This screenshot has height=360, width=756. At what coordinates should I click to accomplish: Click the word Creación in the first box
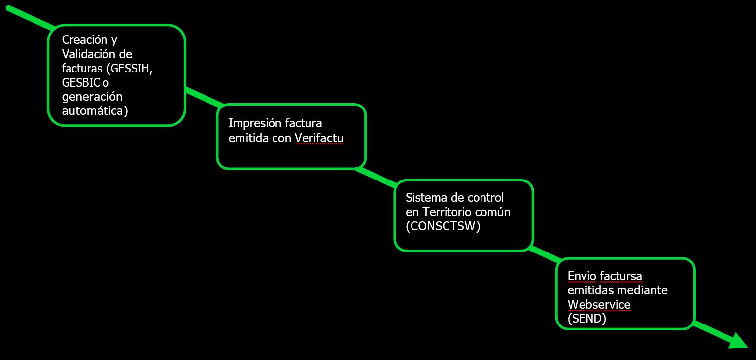(x=85, y=40)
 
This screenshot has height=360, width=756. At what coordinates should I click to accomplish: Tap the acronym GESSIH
(x=130, y=69)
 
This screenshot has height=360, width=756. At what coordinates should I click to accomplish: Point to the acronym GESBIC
(x=81, y=83)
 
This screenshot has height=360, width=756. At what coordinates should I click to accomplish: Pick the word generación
(x=92, y=97)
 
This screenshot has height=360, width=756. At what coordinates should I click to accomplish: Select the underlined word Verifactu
(x=319, y=138)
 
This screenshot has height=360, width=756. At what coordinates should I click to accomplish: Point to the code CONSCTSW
(x=443, y=226)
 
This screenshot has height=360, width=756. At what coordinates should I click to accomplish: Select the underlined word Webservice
(x=599, y=304)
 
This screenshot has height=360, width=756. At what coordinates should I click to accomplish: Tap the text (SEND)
(x=587, y=319)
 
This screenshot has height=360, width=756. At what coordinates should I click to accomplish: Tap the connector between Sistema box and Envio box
(x=545, y=255)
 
